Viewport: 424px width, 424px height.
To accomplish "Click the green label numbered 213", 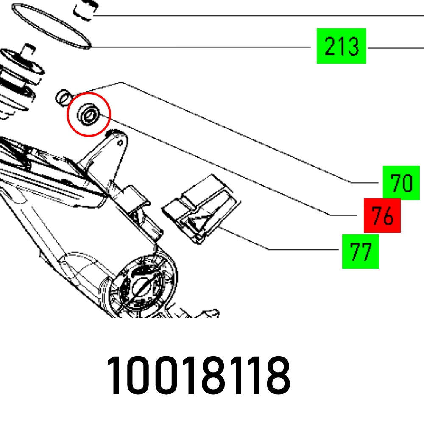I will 341,46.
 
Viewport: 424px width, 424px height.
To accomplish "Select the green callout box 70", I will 401,183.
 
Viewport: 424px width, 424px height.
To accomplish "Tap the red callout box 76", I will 382,215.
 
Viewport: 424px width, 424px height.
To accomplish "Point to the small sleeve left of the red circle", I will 63,97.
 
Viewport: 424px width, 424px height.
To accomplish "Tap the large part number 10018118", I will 198,376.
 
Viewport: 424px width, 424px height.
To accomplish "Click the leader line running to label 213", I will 204,47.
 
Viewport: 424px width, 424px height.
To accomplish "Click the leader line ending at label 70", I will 237,131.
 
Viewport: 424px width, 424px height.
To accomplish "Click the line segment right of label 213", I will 394,47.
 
